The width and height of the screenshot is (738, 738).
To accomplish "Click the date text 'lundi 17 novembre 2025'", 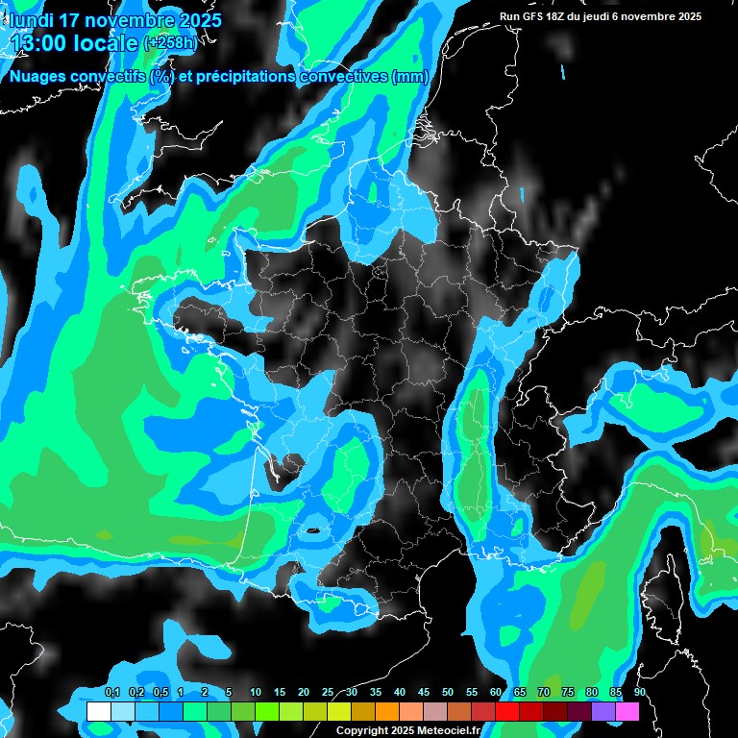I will tap(115, 19).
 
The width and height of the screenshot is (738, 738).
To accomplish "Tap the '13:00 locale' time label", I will tap(73, 42).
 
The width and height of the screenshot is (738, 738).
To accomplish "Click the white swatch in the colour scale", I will tap(98, 712).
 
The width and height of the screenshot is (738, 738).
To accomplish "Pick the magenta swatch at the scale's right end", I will tap(627, 712).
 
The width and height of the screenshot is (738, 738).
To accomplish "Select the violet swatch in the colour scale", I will tap(603, 712).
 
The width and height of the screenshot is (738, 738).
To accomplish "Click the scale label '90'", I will tap(639, 693).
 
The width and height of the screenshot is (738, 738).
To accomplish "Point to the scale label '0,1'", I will tap(111, 693).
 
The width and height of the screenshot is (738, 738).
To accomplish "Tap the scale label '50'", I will tap(447, 693).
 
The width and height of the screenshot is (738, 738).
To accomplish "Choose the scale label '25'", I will tap(327, 693).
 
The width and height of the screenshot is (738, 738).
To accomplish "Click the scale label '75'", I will tap(567, 693).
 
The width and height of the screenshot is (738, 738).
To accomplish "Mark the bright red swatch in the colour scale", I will tap(506, 712).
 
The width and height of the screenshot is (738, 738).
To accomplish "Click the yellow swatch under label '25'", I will tap(338, 712).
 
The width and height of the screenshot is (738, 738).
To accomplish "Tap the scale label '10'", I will tap(255, 693).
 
